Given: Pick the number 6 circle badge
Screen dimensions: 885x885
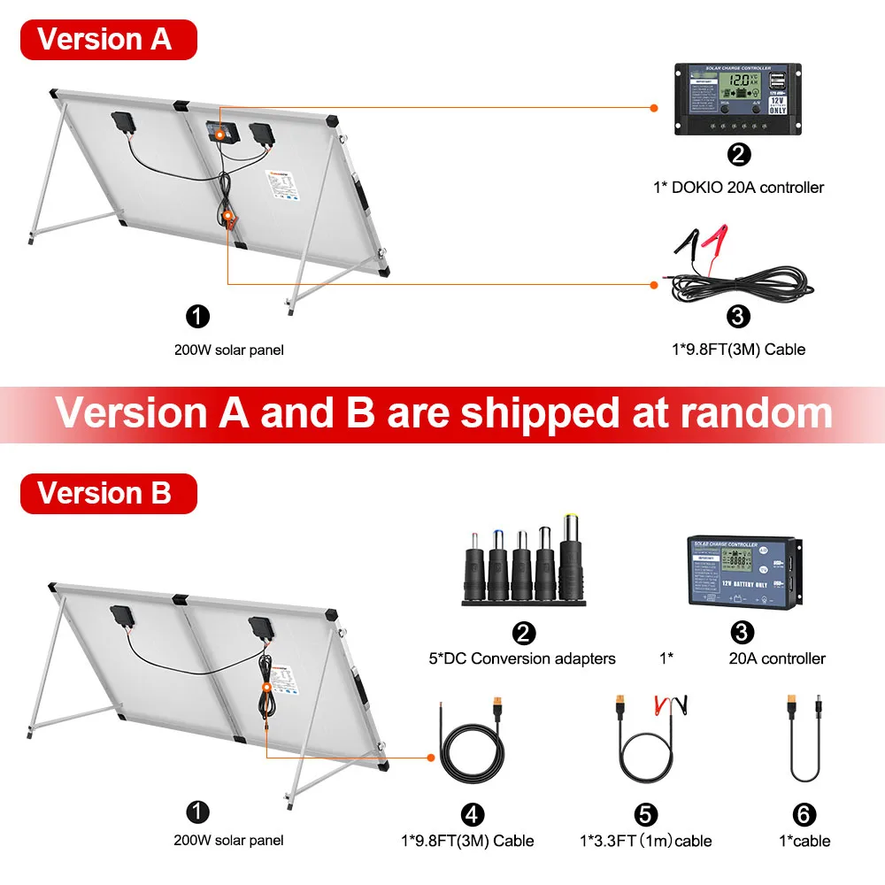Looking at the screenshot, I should coord(804,813).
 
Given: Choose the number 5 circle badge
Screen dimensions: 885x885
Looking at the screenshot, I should coord(645,813).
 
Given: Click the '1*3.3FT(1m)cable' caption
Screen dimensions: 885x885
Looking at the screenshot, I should coord(645,841).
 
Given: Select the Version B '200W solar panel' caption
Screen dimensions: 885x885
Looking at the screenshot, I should coord(229,841).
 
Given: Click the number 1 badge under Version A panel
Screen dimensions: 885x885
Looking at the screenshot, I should coord(197,314).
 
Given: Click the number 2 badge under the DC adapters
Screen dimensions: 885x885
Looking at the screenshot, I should coord(524,633).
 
